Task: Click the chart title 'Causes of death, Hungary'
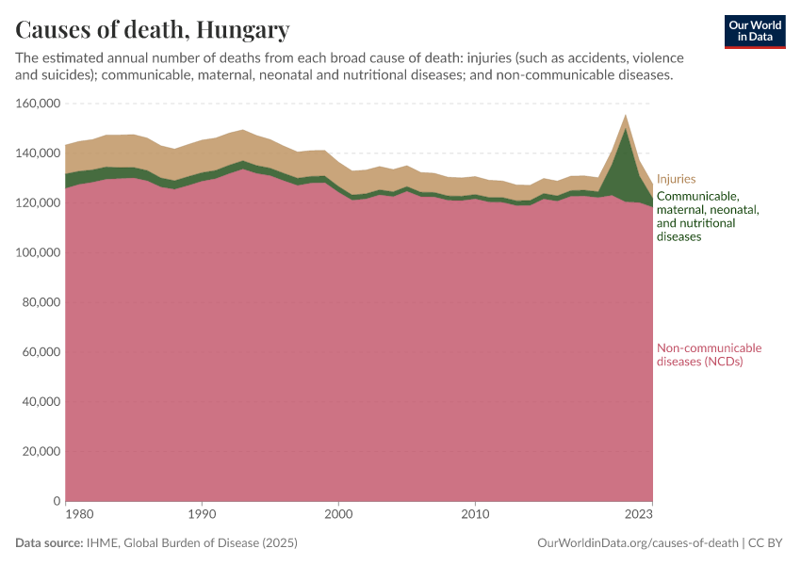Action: coord(153,30)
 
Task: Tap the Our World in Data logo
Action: coord(755,31)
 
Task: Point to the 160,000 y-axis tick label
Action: coord(39,104)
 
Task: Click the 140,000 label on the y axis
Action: coord(39,153)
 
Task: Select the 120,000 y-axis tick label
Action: coord(39,203)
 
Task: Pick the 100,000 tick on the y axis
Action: coord(39,253)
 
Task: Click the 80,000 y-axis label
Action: coord(41,302)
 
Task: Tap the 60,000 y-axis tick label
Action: coord(41,352)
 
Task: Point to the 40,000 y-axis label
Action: coord(41,402)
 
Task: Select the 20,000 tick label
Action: coord(41,451)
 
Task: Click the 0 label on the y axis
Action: coord(57,501)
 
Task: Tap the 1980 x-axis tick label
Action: coord(79,516)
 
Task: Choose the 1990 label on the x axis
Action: coord(201,516)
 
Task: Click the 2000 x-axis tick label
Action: coord(338,516)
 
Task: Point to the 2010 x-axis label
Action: coord(475,516)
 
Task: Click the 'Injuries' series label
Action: coord(676,178)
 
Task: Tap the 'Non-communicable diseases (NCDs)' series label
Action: coord(709,355)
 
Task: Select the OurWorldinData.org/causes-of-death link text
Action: coord(637,543)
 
